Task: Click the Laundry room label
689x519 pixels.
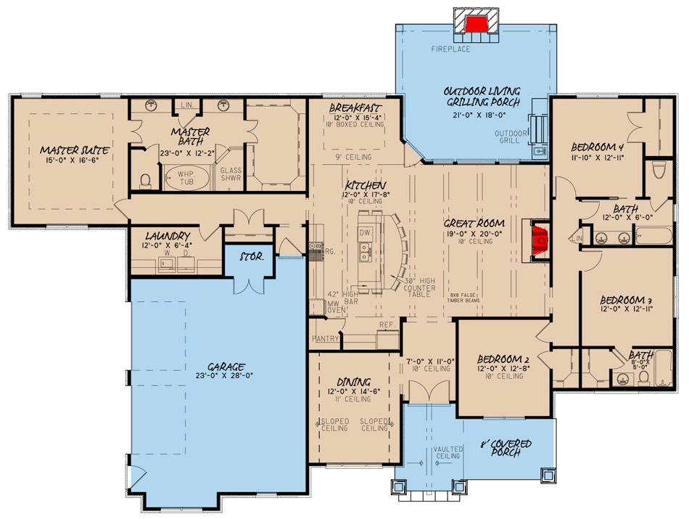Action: (x=167, y=237)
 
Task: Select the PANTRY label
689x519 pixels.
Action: (x=326, y=339)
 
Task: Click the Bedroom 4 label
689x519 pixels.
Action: (x=597, y=144)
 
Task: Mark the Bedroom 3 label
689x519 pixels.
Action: (x=624, y=300)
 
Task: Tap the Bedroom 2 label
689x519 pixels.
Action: (x=500, y=359)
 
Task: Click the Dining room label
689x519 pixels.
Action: (x=353, y=382)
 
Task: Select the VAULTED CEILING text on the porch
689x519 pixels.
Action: (x=447, y=453)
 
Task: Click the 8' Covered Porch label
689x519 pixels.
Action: (x=506, y=448)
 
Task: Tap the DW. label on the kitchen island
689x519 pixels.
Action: (x=366, y=233)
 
